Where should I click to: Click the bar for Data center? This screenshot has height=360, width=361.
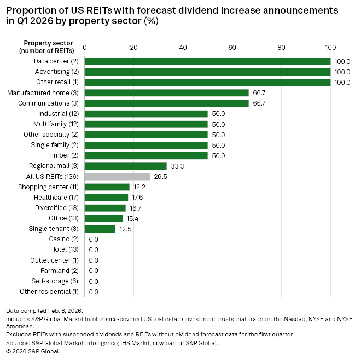click(207, 61)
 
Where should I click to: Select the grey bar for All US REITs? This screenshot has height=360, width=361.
click(117, 177)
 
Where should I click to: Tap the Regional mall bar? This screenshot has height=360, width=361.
click(125, 166)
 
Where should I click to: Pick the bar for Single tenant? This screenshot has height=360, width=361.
click(100, 229)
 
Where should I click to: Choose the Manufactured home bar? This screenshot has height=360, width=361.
click(166, 93)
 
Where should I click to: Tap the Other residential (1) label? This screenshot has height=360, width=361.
click(49, 292)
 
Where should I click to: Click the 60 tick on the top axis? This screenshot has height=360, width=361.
click(232, 48)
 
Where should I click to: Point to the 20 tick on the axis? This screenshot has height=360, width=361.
click(133, 48)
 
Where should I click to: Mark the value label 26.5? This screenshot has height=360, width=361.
click(160, 177)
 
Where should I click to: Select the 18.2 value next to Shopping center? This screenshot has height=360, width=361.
click(139, 187)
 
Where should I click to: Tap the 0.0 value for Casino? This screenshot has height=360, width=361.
click(93, 240)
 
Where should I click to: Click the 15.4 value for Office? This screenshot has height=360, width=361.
click(132, 218)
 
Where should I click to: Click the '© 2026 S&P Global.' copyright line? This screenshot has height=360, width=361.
click(33, 351)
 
